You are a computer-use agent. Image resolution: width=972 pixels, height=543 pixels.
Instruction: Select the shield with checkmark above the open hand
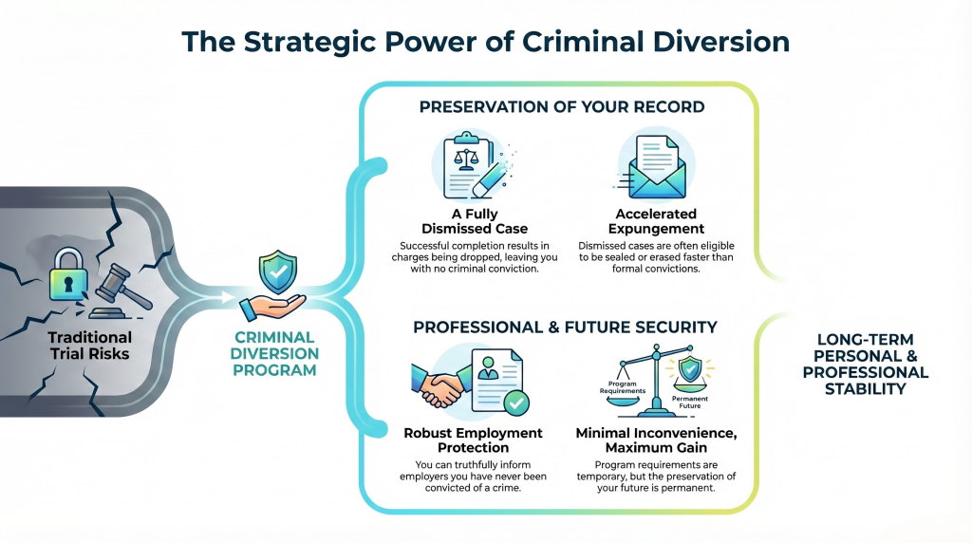click(278, 271)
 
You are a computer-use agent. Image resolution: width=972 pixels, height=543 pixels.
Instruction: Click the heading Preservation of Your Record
click(562, 107)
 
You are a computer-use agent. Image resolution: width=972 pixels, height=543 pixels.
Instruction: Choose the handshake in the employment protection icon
click(438, 384)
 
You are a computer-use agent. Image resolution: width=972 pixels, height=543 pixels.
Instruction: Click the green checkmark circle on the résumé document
click(515, 403)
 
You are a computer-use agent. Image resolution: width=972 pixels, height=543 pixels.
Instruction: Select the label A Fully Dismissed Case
click(475, 221)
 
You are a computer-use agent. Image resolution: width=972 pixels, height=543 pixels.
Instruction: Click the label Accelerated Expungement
click(656, 221)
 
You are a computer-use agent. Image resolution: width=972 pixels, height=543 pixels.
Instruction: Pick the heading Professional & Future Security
click(565, 328)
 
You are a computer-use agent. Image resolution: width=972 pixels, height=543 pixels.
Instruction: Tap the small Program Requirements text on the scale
click(623, 387)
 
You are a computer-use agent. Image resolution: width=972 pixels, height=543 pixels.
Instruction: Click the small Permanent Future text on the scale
click(689, 403)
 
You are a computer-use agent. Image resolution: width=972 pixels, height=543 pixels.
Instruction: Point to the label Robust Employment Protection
click(473, 440)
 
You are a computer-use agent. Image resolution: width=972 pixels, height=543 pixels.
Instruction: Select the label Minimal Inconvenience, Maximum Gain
click(656, 440)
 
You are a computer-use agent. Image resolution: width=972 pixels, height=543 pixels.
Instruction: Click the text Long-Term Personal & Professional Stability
click(866, 365)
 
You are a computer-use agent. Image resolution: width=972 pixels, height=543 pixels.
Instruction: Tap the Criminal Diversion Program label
click(274, 354)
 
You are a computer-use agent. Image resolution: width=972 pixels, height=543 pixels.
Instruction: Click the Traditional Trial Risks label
click(90, 346)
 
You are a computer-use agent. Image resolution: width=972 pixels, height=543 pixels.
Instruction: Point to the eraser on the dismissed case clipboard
click(487, 179)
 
